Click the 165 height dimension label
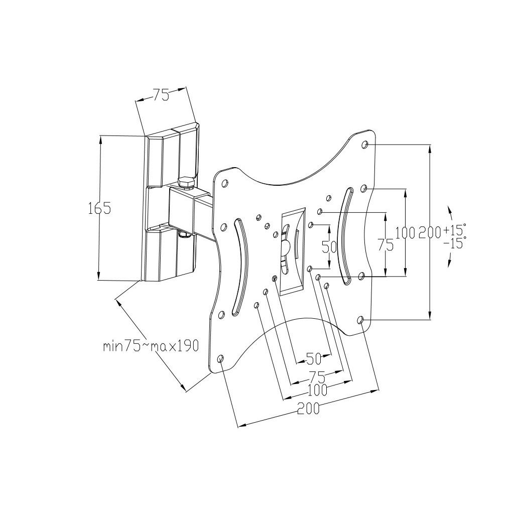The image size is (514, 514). [99, 208]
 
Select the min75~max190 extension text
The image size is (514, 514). [151, 346]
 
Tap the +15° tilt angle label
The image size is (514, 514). [454, 231]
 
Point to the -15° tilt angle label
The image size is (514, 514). [454, 243]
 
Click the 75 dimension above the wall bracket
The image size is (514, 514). [161, 95]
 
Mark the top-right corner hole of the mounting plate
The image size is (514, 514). [365, 145]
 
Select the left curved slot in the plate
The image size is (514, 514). [239, 266]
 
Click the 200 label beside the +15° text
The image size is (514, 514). [429, 232]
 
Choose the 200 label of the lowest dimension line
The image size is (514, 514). [308, 409]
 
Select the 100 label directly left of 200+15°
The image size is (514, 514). [405, 232]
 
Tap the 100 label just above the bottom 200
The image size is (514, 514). [317, 389]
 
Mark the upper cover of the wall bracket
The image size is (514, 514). [171, 156]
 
